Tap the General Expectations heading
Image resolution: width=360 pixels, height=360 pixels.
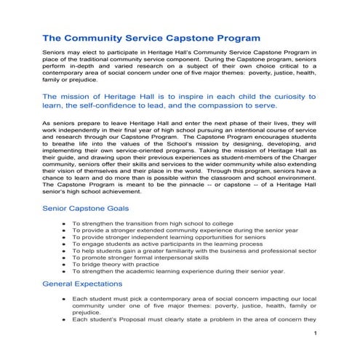click(82, 283)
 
